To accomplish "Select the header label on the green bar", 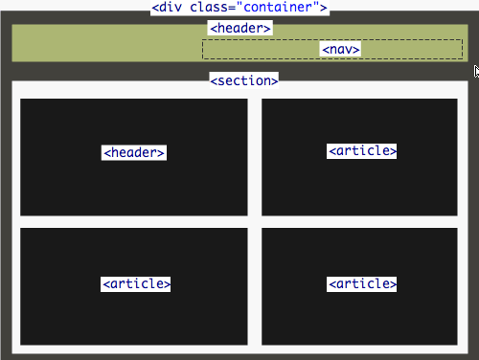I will coord(239,28).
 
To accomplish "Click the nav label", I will coord(340,49).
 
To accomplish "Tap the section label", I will coord(243,80).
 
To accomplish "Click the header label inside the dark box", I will coord(134,152).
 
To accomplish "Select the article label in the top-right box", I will coord(362,151).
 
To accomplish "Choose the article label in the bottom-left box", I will coord(136,283).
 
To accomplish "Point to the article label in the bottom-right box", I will coord(362,283).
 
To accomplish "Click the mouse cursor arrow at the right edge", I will coord(476,70).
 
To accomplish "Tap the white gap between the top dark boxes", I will coord(255,157).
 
